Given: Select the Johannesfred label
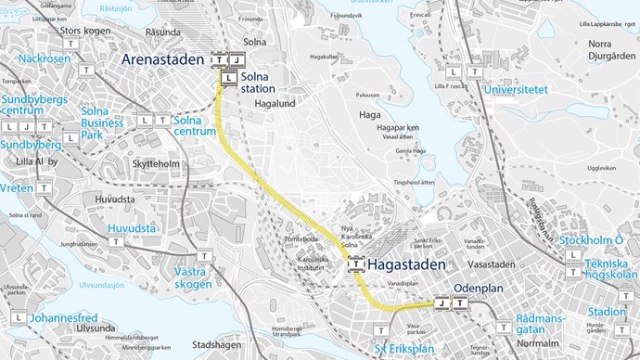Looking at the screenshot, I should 63,317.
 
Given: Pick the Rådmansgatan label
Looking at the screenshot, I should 542,324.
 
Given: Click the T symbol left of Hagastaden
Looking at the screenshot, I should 355,265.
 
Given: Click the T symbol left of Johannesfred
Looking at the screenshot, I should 18,318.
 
